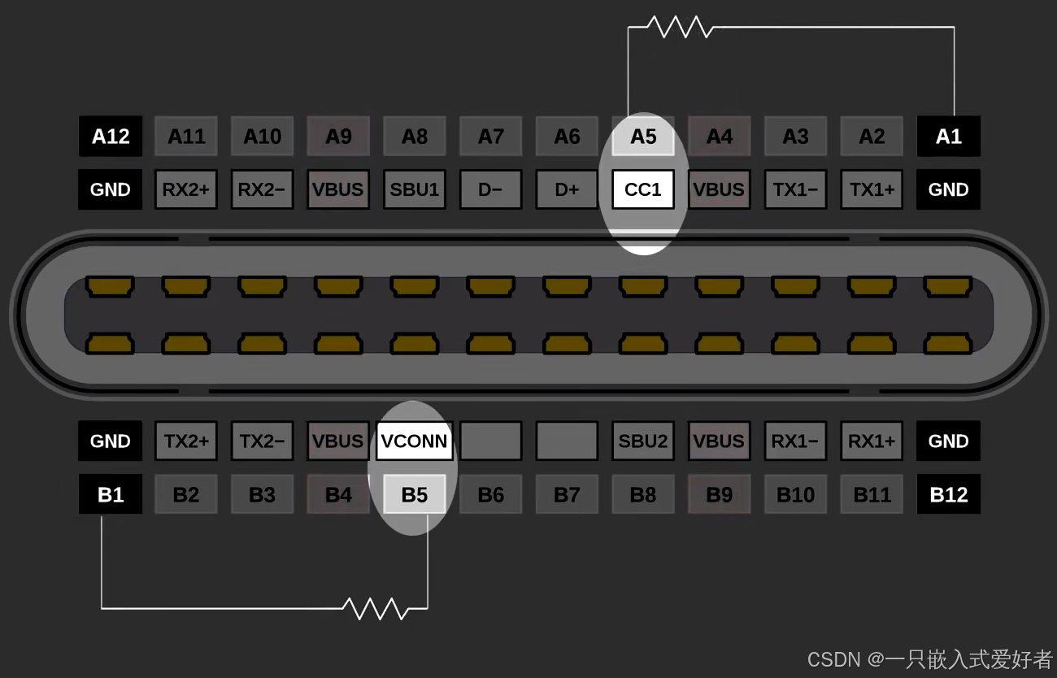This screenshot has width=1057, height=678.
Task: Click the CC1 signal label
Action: click(x=643, y=190)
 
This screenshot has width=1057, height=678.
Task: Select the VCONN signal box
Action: click(x=414, y=441)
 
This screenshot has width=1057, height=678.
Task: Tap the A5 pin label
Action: click(x=643, y=137)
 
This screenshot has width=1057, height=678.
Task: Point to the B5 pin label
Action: click(x=414, y=494)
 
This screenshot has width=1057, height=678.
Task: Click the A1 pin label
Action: click(x=948, y=137)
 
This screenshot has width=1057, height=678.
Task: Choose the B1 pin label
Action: click(x=110, y=494)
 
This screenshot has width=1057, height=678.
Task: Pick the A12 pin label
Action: click(x=110, y=137)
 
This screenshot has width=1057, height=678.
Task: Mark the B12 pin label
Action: click(x=948, y=494)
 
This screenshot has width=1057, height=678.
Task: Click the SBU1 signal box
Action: click(x=414, y=190)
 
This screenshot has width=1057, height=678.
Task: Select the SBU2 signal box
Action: click(x=643, y=441)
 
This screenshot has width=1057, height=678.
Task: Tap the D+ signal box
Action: click(x=567, y=190)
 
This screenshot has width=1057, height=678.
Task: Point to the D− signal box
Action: click(x=490, y=190)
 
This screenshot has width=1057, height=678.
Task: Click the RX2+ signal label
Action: click(x=185, y=190)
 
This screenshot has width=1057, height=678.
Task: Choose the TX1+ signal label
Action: click(x=872, y=190)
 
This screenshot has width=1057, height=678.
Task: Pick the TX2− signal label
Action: click(x=262, y=441)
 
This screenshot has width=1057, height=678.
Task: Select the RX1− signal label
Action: click(x=795, y=441)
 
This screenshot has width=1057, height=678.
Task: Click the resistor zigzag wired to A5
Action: click(x=681, y=28)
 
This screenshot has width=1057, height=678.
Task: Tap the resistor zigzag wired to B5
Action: click(x=375, y=607)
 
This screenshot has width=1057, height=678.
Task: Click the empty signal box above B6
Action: click(x=490, y=441)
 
